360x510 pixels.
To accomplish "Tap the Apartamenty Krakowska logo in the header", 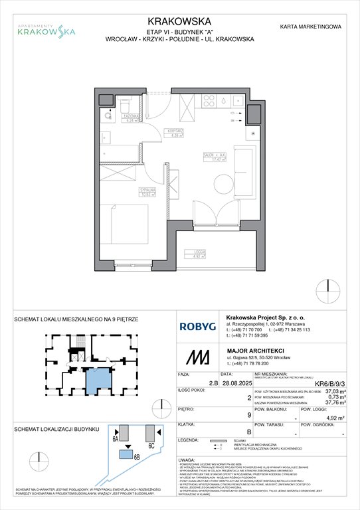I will click(46, 28).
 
